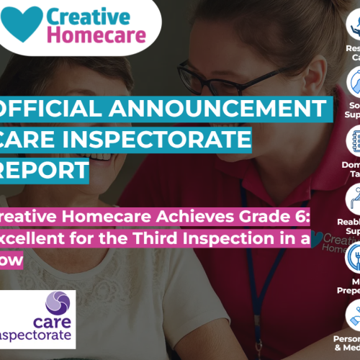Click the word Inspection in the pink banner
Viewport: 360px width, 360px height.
pos(241,220)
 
